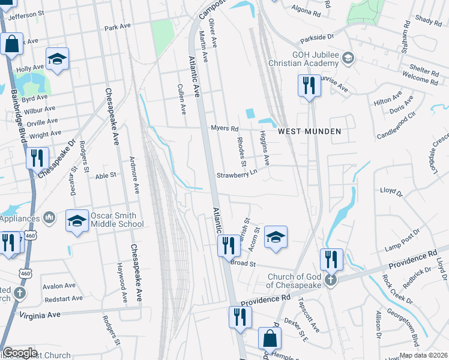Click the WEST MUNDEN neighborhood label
pos(309,131)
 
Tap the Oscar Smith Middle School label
pos(117,220)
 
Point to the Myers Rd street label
pos(224,128)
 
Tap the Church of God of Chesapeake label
pos(296,281)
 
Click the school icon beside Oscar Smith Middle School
pos(77,221)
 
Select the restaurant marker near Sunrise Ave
pos(309,85)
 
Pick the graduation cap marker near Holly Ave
pos(57,59)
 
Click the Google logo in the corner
pos(19,353)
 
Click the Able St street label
pos(105,176)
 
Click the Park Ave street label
pos(117,28)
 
